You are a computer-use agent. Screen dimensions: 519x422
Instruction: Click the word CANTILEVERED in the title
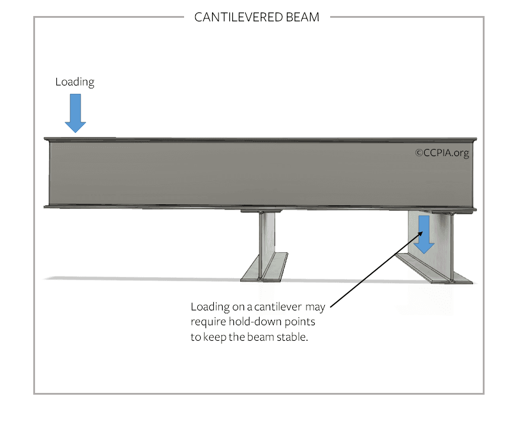[238, 17]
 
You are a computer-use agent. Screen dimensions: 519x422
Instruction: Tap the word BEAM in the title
[302, 17]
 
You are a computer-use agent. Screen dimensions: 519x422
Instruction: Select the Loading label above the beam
[75, 82]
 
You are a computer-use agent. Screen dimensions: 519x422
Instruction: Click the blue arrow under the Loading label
[75, 113]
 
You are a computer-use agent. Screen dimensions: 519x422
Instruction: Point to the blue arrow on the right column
[424, 235]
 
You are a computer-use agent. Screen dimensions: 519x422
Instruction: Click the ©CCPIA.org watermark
[442, 153]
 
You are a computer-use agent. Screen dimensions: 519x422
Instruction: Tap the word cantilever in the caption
[278, 307]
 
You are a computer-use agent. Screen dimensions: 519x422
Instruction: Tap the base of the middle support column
[264, 267]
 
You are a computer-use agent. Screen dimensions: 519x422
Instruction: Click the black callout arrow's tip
[423, 231]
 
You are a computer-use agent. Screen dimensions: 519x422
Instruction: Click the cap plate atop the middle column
[261, 211]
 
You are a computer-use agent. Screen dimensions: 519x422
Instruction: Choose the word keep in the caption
[215, 338]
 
